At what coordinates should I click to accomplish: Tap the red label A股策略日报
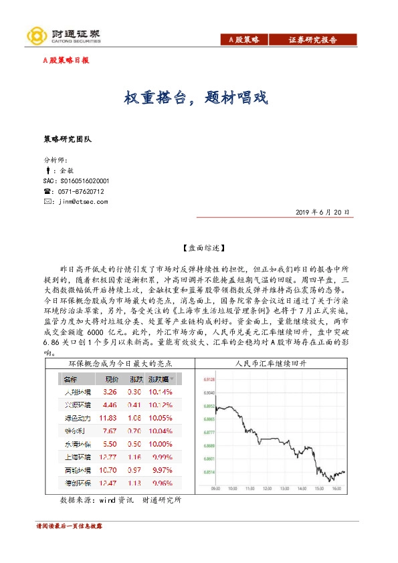(66, 60)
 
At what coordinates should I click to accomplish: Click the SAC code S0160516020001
(76, 181)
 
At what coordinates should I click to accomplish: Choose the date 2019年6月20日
(322, 212)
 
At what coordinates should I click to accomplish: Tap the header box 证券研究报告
(313, 40)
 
